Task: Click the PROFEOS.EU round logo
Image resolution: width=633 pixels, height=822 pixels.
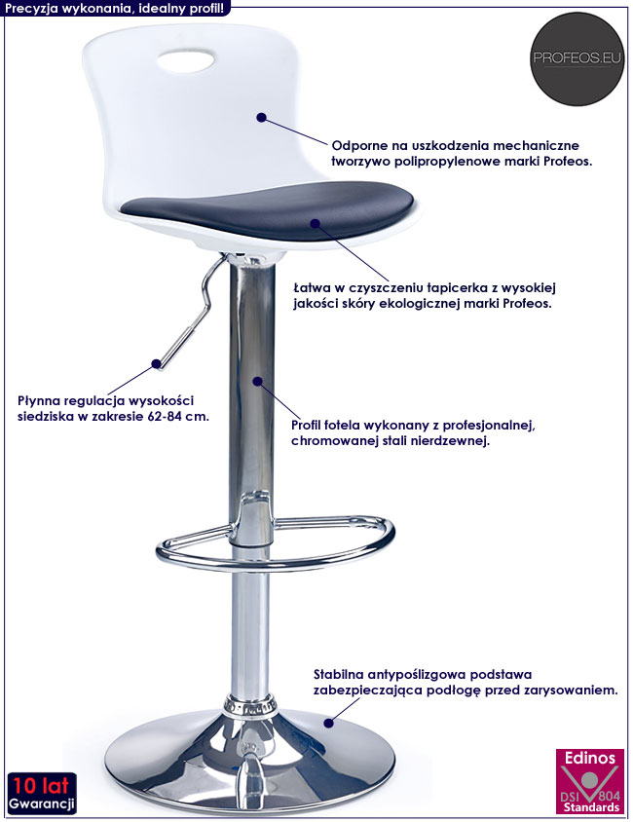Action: click(577, 58)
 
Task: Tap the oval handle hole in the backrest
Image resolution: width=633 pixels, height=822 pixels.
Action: click(185, 60)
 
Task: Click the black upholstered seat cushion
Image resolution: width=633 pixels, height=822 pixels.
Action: click(268, 208)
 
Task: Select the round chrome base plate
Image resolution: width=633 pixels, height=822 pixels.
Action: click(249, 760)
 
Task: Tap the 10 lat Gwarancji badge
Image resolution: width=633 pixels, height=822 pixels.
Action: click(42, 793)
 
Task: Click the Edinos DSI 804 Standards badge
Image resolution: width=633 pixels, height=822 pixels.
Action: click(589, 781)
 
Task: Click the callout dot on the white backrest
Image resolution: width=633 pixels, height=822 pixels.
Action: click(262, 118)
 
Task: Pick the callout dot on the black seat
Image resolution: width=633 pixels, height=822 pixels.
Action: click(315, 223)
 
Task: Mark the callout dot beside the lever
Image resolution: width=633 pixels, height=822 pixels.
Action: click(156, 363)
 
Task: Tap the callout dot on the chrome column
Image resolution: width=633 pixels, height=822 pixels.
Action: click(257, 381)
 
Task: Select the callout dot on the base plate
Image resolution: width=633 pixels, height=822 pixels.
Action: click(328, 723)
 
